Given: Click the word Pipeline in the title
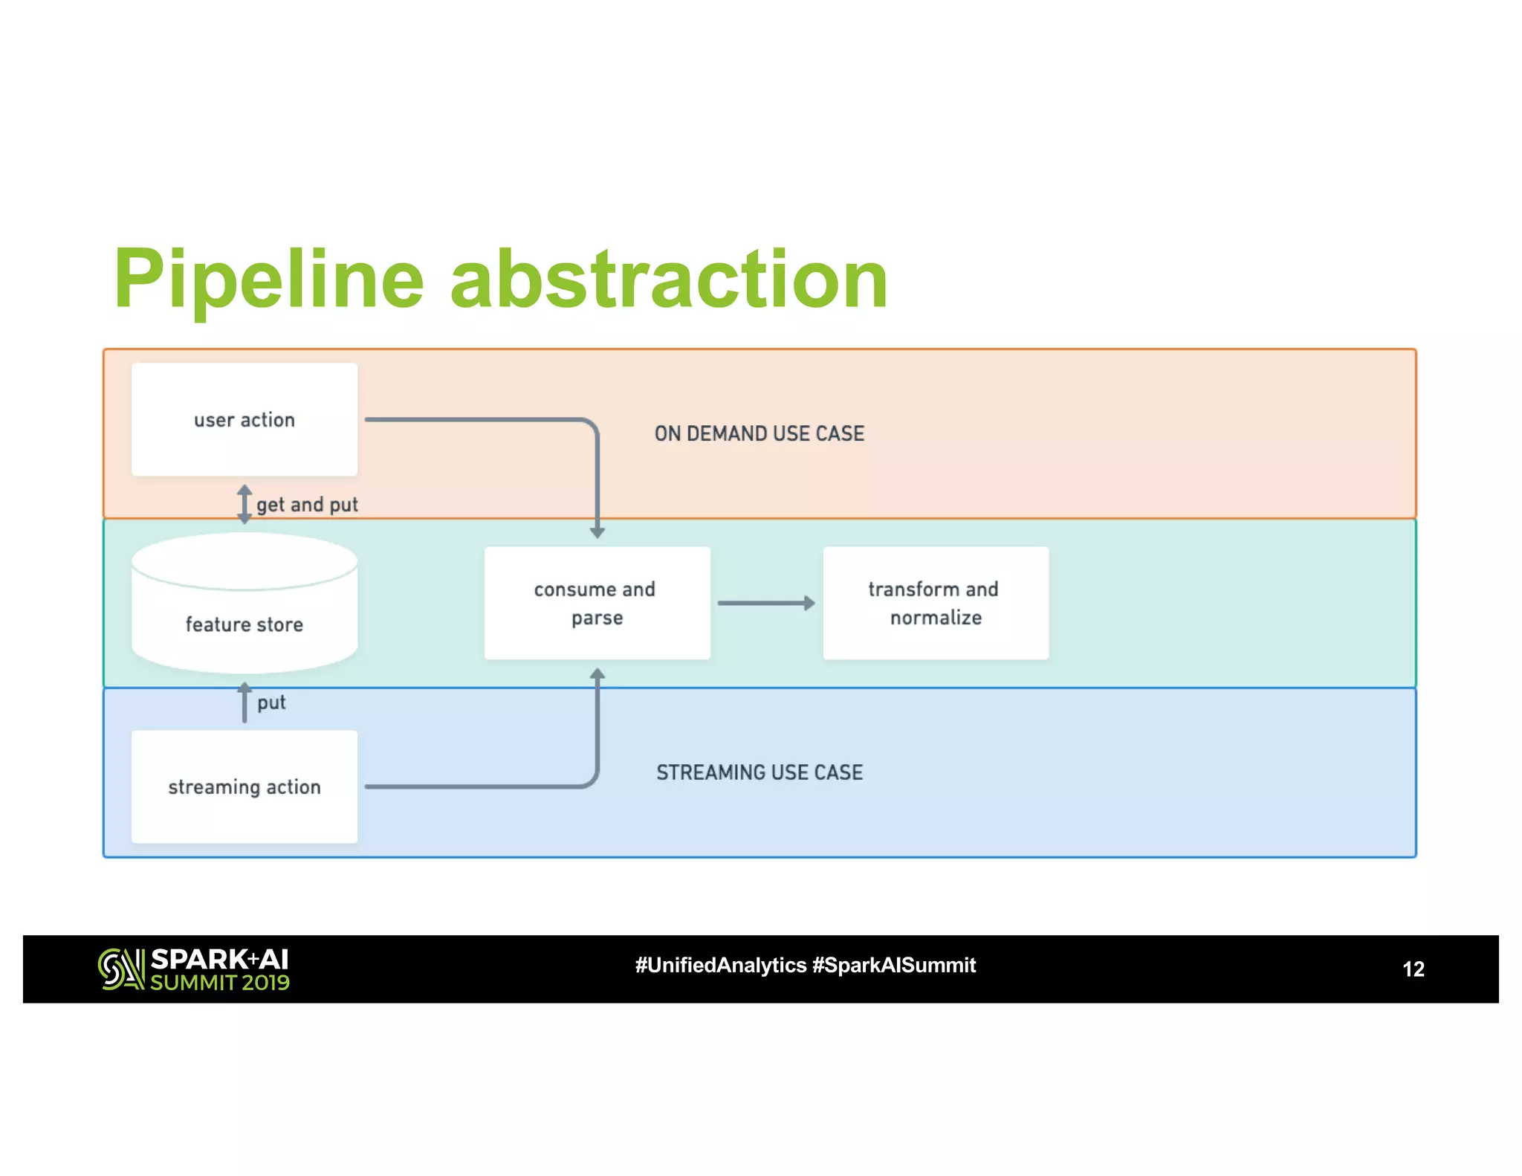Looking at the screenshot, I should [268, 280].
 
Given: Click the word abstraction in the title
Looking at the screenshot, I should [669, 280].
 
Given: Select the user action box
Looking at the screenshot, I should [244, 420].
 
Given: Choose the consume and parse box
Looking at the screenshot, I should [597, 603].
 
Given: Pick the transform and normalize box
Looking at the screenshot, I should [936, 603].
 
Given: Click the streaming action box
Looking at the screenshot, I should [244, 786].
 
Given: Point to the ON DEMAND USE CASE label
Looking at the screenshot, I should [759, 433].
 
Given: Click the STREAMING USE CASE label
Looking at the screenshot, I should [759, 772].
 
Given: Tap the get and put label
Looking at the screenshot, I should [307, 505].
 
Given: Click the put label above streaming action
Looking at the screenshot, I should [271, 702].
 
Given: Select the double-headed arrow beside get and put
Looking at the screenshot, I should [244, 504].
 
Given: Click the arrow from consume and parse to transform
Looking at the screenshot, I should [765, 603].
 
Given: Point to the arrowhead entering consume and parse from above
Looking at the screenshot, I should [597, 532].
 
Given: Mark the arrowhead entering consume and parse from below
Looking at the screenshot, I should [597, 673].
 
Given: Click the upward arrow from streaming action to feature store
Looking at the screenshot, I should [244, 702].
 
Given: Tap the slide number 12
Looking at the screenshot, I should [1413, 969].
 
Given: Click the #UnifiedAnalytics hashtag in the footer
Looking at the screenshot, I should [720, 965].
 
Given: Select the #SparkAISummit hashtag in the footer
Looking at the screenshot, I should [893, 965].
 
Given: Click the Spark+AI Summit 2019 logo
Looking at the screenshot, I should [194, 969].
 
